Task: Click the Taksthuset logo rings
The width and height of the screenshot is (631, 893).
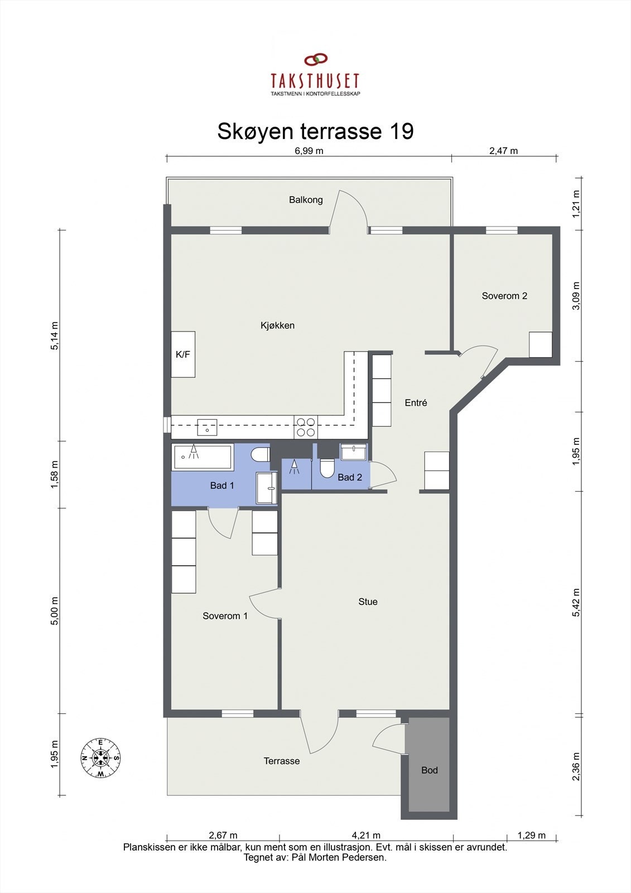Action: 316,59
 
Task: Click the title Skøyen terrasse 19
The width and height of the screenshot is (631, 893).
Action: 315,131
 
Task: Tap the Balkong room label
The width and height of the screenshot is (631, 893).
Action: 306,200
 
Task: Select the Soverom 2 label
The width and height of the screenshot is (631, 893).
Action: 504,296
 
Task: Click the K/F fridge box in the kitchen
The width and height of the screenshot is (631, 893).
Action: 183,354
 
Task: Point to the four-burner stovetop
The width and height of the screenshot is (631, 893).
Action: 306,428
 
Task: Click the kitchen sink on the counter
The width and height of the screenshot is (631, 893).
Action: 207,428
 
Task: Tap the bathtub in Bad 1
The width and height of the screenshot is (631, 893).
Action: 203,457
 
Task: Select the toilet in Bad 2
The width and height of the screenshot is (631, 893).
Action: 327,468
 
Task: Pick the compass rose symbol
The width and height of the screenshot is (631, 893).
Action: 100,758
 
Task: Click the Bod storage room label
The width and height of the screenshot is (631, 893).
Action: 429,770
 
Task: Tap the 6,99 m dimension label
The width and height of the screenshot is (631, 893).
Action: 309,151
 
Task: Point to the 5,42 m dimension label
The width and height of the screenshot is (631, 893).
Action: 576,602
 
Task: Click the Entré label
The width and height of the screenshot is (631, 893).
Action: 416,402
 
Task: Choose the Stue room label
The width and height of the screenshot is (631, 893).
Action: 368,602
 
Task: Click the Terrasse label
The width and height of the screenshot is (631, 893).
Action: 281,761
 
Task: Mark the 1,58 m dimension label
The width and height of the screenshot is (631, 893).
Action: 55,474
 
